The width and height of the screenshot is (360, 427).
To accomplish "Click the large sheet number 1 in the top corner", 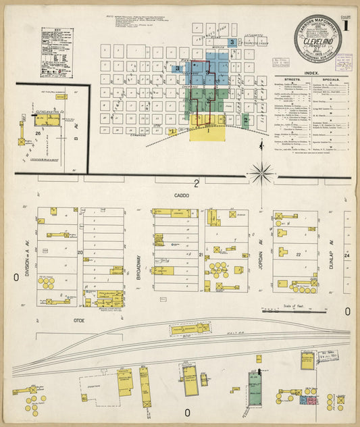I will pos(346,27).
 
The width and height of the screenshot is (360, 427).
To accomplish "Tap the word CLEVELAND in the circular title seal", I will pos(317,40).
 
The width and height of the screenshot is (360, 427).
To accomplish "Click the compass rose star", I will pos(261,173).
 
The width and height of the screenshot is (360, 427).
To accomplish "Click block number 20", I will pos(80,253).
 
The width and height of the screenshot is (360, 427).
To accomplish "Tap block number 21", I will pos(201,254).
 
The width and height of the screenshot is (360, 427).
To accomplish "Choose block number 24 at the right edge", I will pos(347,256).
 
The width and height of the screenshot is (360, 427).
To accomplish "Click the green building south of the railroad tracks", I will pos(255,391).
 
